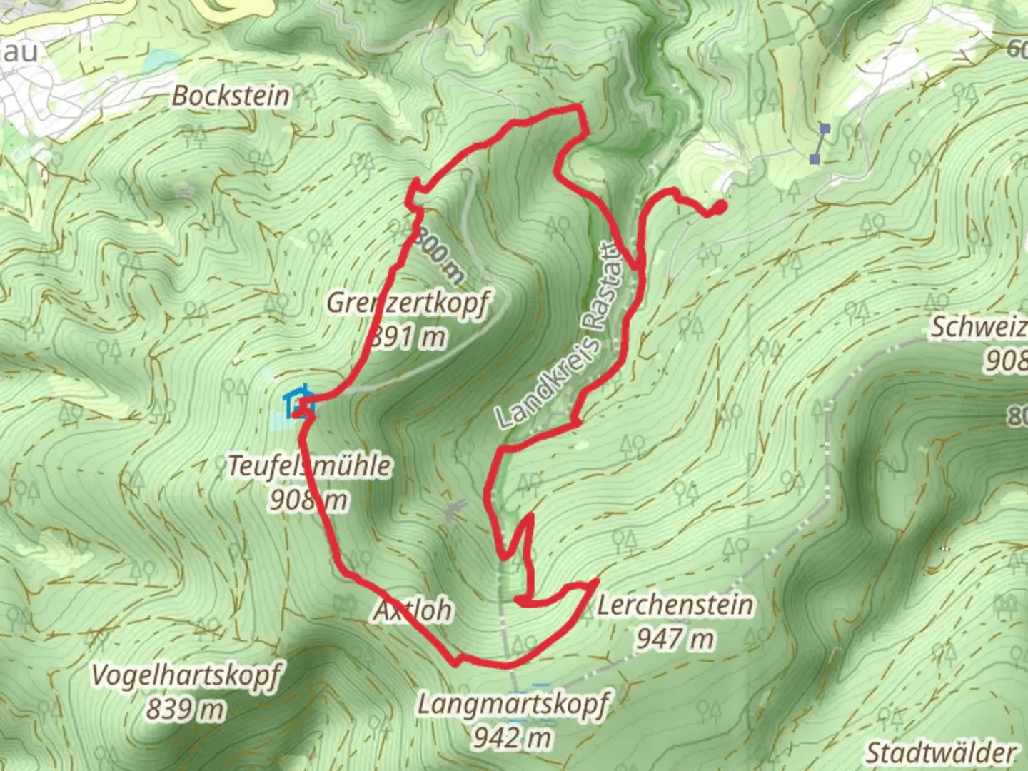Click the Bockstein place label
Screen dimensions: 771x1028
(x=231, y=96)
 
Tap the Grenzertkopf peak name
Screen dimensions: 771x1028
(x=408, y=303)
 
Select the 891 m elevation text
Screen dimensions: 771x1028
(x=408, y=336)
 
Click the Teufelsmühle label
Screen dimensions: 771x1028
(x=309, y=466)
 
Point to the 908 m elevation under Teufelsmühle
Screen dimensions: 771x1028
(x=308, y=500)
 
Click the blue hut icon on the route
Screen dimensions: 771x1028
(x=298, y=404)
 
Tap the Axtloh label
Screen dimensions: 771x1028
(x=413, y=610)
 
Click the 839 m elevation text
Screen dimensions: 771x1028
(x=186, y=709)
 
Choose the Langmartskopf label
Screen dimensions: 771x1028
(x=513, y=705)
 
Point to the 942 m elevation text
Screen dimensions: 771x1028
(x=512, y=737)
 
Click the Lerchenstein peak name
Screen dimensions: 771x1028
(x=675, y=605)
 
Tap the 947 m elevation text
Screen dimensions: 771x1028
(x=675, y=638)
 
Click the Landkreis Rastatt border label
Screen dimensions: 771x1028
(x=561, y=336)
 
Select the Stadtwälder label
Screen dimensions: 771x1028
(x=940, y=752)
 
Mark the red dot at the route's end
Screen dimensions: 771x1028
(x=720, y=207)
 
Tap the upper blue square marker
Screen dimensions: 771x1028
(x=825, y=128)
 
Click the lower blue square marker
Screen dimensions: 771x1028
(x=815, y=159)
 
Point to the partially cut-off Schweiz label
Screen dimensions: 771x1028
(x=978, y=327)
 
